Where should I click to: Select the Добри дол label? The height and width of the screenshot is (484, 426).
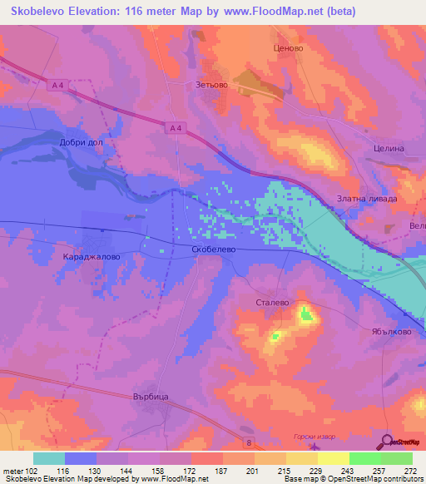tap(82, 142)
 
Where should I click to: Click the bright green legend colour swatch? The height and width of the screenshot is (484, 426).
tap(364, 458)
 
